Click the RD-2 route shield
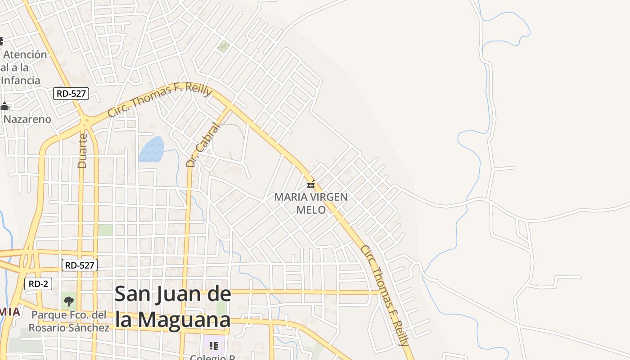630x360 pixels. click(38, 284)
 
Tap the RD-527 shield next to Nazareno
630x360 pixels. click(71, 94)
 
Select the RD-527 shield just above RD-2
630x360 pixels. click(79, 265)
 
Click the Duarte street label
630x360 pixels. click(82, 150)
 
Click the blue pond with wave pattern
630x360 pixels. click(151, 149)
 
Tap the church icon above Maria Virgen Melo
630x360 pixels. click(310, 184)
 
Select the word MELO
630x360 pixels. click(310, 210)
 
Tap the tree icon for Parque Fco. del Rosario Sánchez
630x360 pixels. click(68, 301)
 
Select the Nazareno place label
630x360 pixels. click(27, 120)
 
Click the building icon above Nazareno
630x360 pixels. click(4, 107)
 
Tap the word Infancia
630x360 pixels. click(21, 81)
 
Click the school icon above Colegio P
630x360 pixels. click(214, 346)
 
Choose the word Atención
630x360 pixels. click(25, 54)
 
